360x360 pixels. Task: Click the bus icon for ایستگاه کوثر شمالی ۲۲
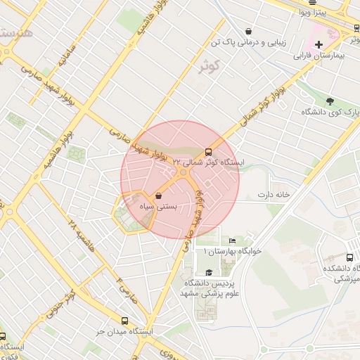point(208,152)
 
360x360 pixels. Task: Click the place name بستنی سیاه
point(158,207)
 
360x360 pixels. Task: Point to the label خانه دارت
point(274,194)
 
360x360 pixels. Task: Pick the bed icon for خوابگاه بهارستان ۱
point(232,241)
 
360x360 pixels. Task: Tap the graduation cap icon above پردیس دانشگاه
point(209,273)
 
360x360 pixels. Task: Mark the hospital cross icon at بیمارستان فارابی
point(319,44)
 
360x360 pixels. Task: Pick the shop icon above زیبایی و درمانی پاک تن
point(249,31)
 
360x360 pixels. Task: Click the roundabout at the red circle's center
point(181,172)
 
